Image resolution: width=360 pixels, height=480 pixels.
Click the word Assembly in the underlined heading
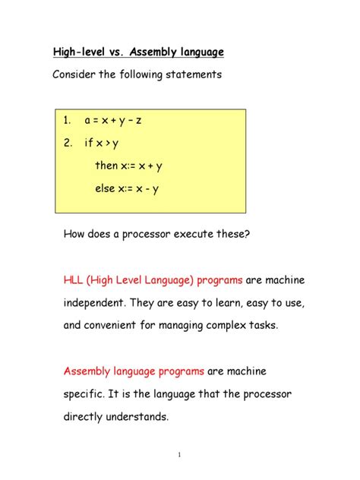[155, 52]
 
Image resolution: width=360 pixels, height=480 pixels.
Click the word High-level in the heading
[81, 52]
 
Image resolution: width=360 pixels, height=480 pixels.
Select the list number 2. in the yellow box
[68, 142]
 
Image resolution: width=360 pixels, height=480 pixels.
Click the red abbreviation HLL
[74, 280]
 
